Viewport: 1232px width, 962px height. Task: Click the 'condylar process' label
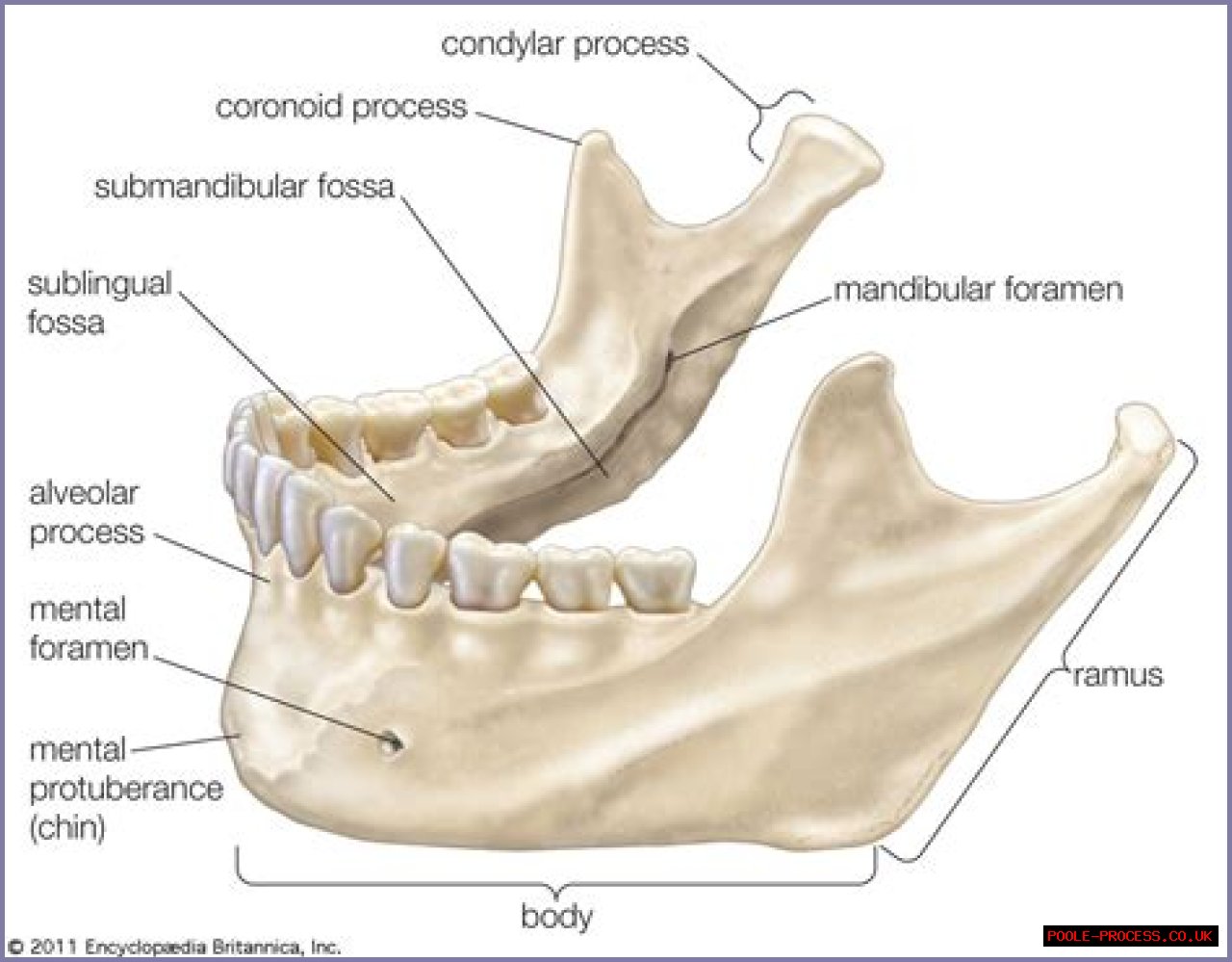pyautogui.click(x=565, y=44)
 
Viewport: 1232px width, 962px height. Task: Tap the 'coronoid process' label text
pyautogui.click(x=341, y=106)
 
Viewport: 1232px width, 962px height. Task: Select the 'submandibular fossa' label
pyautogui.click(x=244, y=186)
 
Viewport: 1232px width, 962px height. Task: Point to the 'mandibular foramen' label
pyautogui.click(x=978, y=289)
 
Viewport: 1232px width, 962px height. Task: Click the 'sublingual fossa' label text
pyautogui.click(x=98, y=301)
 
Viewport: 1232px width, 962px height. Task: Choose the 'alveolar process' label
pyautogui.click(x=87, y=512)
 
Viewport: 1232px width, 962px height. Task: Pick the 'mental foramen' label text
pyautogui.click(x=88, y=628)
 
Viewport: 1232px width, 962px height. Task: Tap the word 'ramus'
pyautogui.click(x=1117, y=675)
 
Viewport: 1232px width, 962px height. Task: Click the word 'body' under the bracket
pyautogui.click(x=556, y=916)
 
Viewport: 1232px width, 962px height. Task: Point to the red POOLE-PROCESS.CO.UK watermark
pyautogui.click(x=1130, y=936)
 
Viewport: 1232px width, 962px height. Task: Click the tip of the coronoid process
pyautogui.click(x=595, y=140)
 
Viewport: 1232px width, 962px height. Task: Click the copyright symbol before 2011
pyautogui.click(x=15, y=947)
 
